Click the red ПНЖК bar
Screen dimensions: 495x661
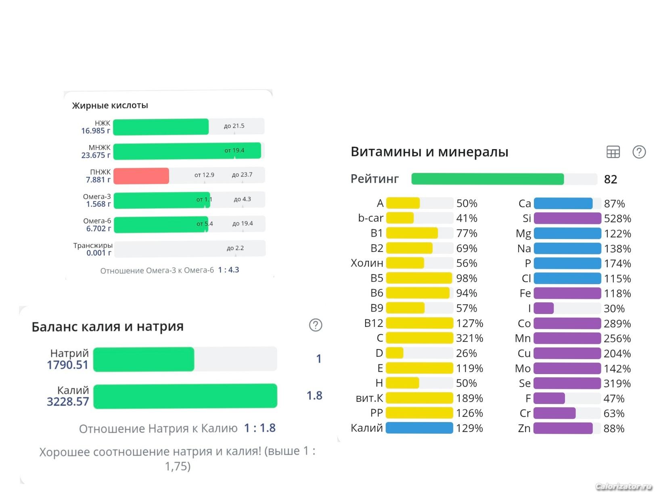pos(141,176)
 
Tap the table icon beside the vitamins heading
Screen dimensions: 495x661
pos(613,152)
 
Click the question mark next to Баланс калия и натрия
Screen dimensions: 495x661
pos(316,325)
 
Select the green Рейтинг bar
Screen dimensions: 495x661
pos(487,179)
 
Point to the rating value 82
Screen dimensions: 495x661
pos(611,179)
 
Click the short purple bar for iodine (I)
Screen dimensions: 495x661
pos(544,308)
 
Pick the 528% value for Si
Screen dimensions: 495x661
pos(617,218)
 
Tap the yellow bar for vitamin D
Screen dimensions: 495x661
pos(395,353)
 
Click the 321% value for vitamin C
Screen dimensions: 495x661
pos(470,338)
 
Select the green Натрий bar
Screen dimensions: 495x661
pos(144,359)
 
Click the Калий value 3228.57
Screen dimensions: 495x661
pos(68,401)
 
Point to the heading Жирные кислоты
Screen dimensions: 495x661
pos(110,106)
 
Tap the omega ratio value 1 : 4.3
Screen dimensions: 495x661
pos(228,270)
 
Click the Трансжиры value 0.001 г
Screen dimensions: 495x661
pos(98,253)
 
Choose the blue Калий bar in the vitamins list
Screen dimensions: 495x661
pos(419,428)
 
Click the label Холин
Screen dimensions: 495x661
pos(367,263)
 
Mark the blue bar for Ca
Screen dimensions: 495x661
pos(563,204)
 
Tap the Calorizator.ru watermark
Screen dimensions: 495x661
pos(623,487)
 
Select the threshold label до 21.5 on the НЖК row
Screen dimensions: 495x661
pos(234,126)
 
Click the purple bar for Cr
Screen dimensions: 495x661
pos(554,413)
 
